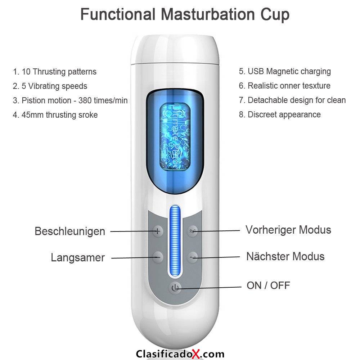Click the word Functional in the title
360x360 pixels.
pos(118,14)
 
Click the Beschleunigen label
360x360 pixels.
pos(70,231)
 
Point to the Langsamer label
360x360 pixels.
pos(78,257)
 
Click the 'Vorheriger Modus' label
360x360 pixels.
pos(288,230)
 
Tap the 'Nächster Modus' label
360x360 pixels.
pos(285,256)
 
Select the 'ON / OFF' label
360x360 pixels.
pos(268,285)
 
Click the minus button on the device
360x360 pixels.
pos(158,257)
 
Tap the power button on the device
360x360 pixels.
pos(175,287)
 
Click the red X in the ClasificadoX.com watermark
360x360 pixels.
pos(196,354)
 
